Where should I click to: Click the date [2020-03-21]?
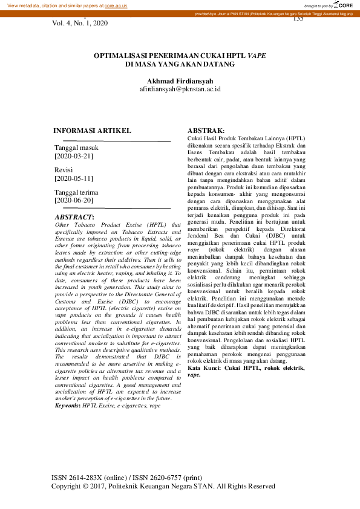tap(74, 156)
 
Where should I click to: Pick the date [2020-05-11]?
tap(74, 178)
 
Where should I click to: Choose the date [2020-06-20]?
tap(74, 200)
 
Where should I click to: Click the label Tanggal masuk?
tap(76, 148)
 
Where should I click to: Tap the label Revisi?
tap(64, 170)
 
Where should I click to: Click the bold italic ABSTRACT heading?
tap(74, 216)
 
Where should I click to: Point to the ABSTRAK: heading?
tap(206, 131)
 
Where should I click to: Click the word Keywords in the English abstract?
tap(67, 406)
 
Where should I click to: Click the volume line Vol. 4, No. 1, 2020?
tap(80, 23)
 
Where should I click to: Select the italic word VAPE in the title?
tap(256, 54)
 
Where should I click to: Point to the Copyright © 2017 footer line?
tap(163, 486)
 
